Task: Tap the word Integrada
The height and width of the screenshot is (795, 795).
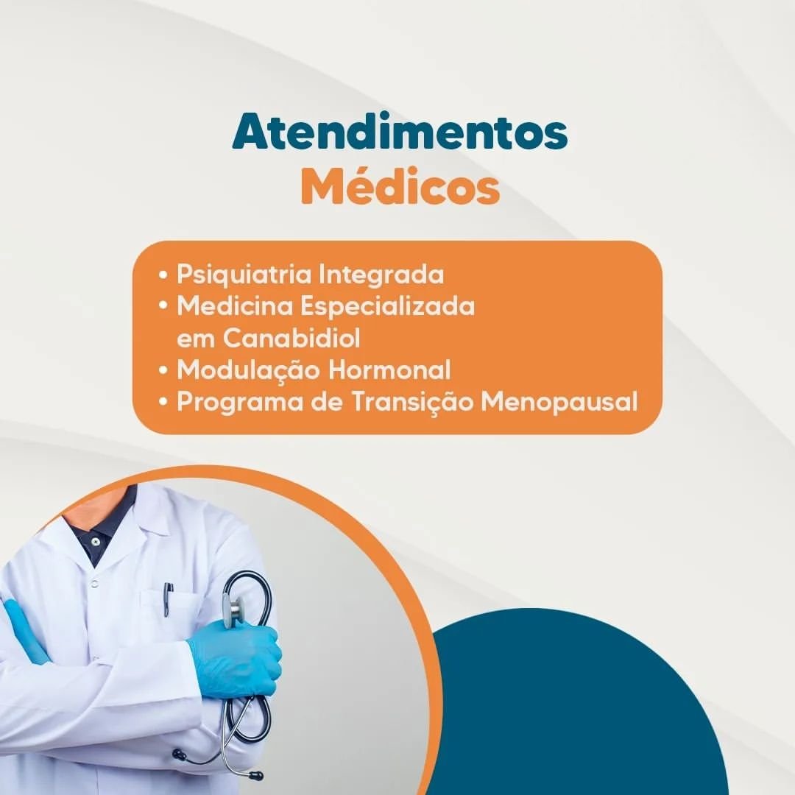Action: (381, 275)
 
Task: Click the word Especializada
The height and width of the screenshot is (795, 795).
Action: (387, 307)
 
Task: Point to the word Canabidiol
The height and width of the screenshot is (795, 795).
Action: (291, 338)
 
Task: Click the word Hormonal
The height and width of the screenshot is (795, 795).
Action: (389, 369)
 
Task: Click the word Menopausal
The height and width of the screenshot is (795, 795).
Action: (559, 403)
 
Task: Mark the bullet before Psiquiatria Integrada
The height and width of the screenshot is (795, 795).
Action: (163, 275)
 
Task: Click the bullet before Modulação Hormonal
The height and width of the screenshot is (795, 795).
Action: (163, 370)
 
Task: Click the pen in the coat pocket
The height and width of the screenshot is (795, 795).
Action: (169, 598)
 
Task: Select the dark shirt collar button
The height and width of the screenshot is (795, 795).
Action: (95, 542)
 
